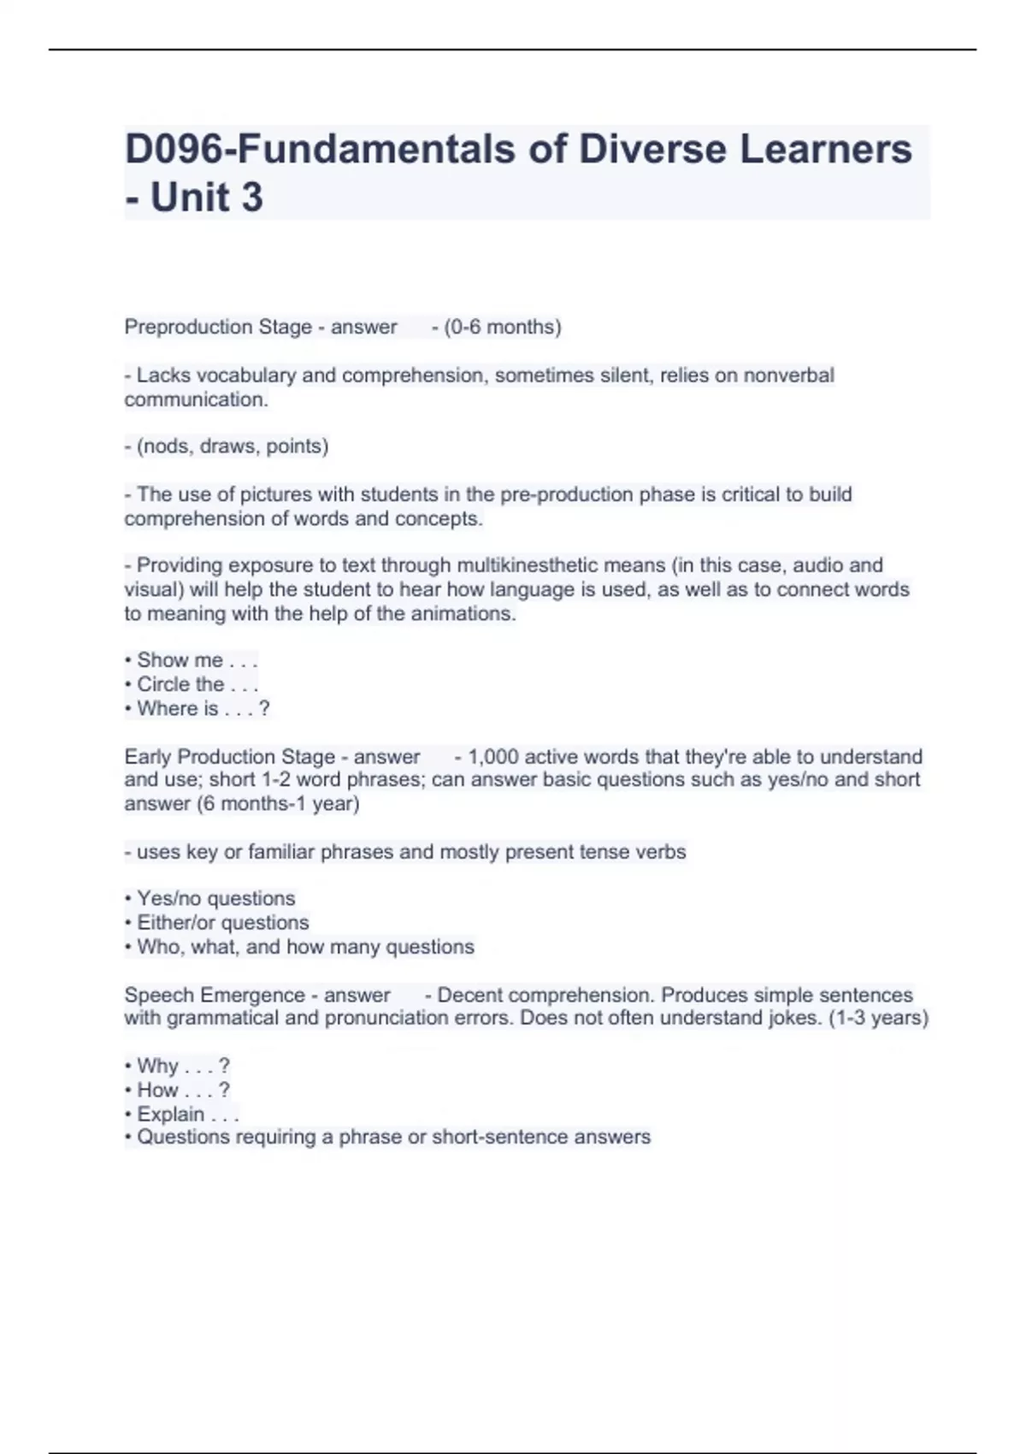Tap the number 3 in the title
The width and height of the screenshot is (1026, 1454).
click(x=251, y=198)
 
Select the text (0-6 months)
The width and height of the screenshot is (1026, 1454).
click(x=502, y=327)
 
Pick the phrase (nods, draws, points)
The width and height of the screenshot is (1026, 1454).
click(x=232, y=446)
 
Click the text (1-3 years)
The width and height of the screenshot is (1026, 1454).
click(x=879, y=1019)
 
